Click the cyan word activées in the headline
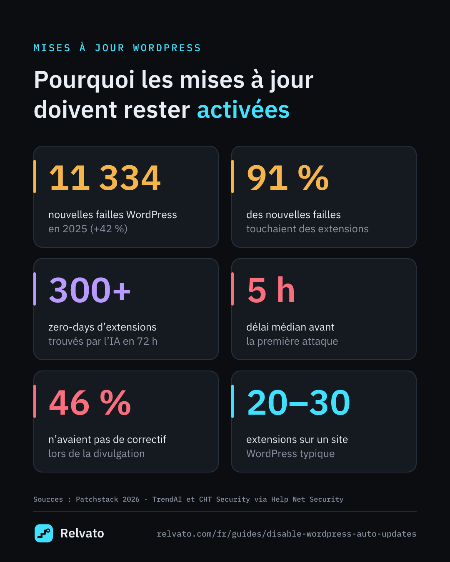[x=243, y=109]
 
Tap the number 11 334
[x=105, y=178]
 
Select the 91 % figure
[x=287, y=178]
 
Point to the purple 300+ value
[x=90, y=290]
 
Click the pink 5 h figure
[x=271, y=290]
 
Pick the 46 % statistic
[x=90, y=403]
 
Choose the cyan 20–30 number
[x=298, y=403]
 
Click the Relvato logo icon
[x=44, y=533]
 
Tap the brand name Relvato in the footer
[x=82, y=533]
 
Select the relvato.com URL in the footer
[x=287, y=534]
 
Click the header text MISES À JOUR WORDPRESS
[x=117, y=48]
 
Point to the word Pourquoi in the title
[x=84, y=80]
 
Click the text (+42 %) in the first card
[x=109, y=229]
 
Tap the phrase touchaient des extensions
[x=307, y=229]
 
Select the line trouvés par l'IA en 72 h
[x=103, y=341]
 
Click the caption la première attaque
[x=292, y=341]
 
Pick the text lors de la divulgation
[x=97, y=454]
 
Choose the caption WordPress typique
[x=290, y=454]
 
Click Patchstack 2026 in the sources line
[x=107, y=499]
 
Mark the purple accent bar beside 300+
[x=35, y=289]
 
